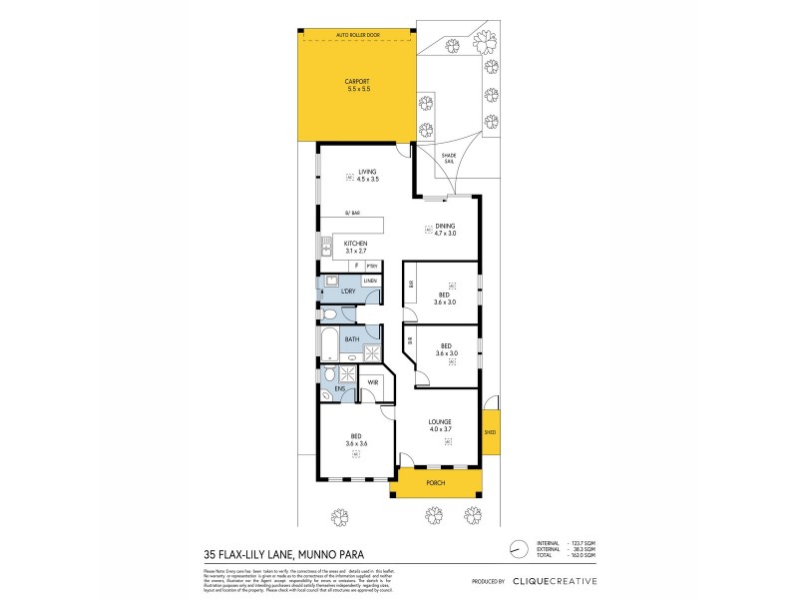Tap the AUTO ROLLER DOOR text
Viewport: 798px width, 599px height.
[x=358, y=32]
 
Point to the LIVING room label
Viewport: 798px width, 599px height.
[x=367, y=172]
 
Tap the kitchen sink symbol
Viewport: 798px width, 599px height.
[x=323, y=248]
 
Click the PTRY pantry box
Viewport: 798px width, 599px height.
[x=371, y=266]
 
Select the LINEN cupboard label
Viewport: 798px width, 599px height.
[x=369, y=282]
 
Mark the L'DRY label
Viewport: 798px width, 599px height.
[x=348, y=292]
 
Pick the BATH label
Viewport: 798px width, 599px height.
[x=352, y=339]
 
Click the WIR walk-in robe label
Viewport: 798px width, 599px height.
[x=372, y=382]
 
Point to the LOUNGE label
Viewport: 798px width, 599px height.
[x=440, y=422]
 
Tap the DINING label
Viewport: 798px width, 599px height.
[x=445, y=227]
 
